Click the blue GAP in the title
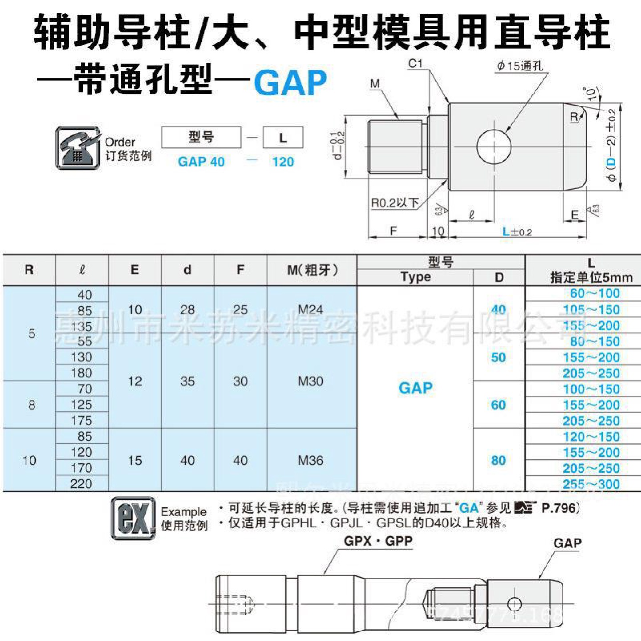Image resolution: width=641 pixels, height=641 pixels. point(290,82)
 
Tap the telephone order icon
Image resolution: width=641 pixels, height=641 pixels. point(78,148)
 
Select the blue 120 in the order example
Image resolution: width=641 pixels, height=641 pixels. point(283,162)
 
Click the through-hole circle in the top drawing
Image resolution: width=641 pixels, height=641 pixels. point(493,146)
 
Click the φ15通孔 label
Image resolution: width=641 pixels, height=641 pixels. point(520,66)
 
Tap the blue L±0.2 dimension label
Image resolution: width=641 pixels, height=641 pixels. point(517,232)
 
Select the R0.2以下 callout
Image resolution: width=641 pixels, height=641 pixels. point(395,203)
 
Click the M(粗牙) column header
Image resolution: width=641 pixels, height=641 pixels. point(312,270)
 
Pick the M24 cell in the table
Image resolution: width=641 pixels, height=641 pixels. point(311,309)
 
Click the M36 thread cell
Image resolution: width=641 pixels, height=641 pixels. point(311,460)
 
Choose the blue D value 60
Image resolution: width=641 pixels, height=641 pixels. point(498,405)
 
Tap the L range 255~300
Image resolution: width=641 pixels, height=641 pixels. point(591,484)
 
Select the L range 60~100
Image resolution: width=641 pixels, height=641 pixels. point(595,294)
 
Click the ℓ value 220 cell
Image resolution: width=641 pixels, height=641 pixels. point(82,483)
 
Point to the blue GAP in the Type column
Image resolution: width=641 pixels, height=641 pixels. point(415,388)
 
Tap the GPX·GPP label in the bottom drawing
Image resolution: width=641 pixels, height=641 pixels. point(378,541)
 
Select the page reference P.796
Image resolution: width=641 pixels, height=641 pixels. point(559,507)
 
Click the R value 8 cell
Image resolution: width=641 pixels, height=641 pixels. point(31,405)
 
